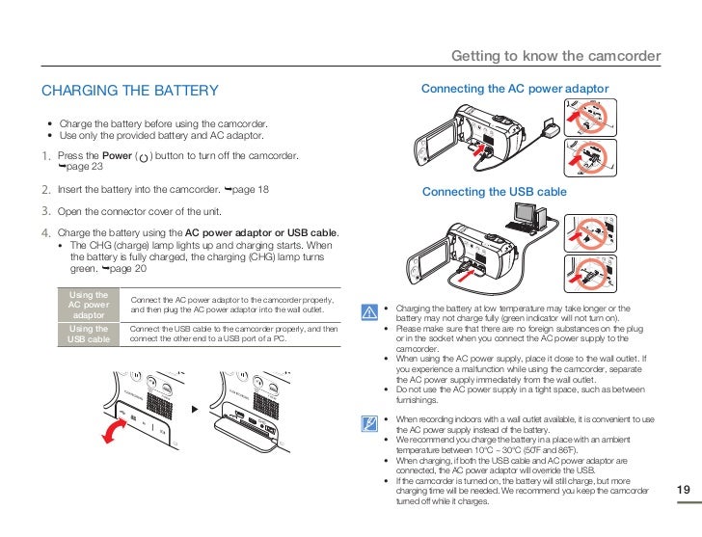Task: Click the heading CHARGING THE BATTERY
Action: point(130,91)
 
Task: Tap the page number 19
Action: point(683,491)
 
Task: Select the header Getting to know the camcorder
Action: point(555,56)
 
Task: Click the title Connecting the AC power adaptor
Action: point(515,89)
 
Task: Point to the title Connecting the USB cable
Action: point(494,192)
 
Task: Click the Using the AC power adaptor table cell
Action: point(89,305)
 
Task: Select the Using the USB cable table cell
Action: point(89,334)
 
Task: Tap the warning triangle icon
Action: point(368,312)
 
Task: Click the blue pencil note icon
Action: point(368,423)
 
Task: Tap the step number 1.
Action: point(46,156)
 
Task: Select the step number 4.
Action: point(46,233)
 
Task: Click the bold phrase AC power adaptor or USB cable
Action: point(261,233)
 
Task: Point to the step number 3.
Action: point(46,211)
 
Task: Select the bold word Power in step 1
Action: point(118,156)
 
